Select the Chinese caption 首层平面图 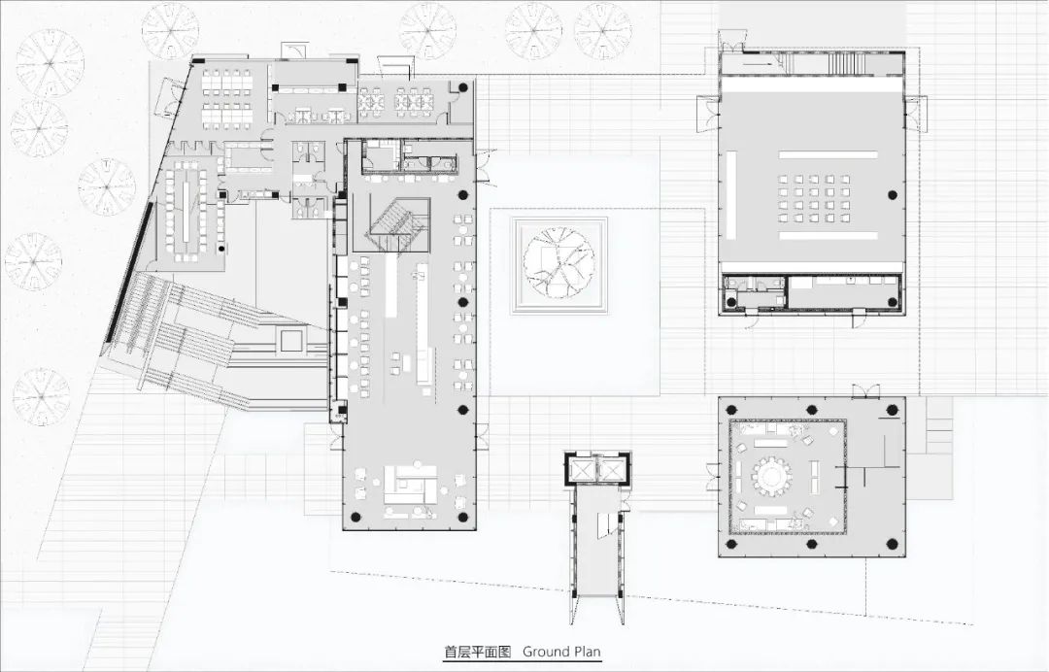pyautogui.click(x=478, y=652)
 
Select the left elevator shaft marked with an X pyautogui.click(x=582, y=470)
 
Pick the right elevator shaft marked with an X pyautogui.click(x=612, y=470)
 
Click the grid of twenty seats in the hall pyautogui.click(x=814, y=199)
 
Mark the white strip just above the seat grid pyautogui.click(x=829, y=155)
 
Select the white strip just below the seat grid pyautogui.click(x=829, y=235)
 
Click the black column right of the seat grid pyautogui.click(x=892, y=195)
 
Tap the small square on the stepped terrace pyautogui.click(x=291, y=340)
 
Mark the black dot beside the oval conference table pyautogui.click(x=220, y=249)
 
